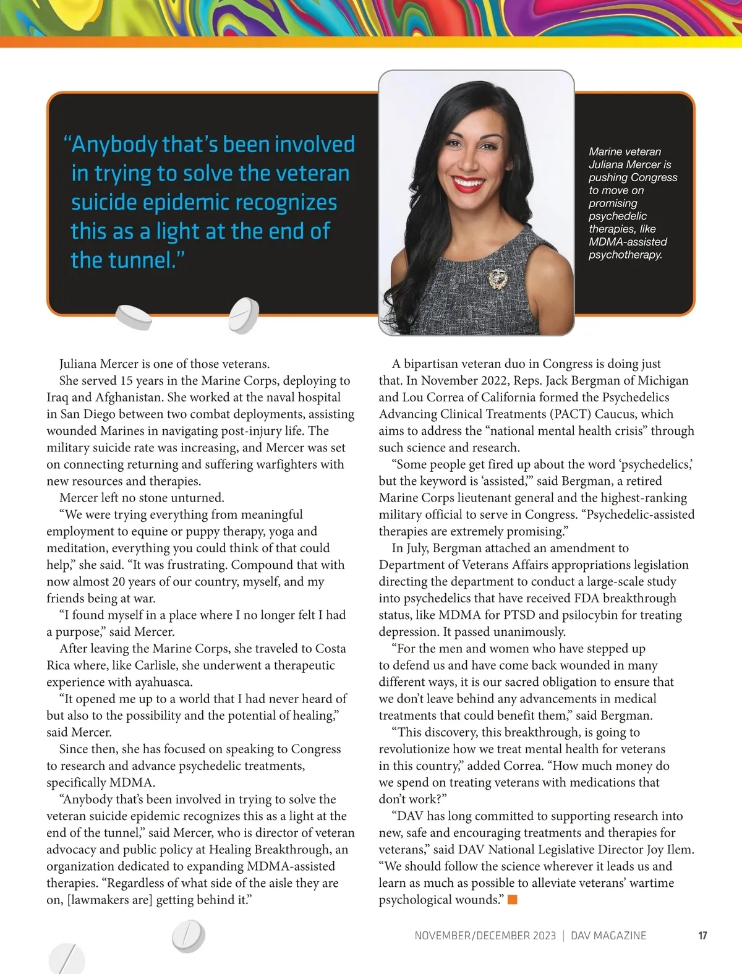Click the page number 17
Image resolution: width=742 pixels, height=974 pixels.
point(702,936)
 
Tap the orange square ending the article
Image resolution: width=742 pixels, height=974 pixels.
point(512,899)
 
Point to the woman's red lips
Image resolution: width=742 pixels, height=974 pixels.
point(467,182)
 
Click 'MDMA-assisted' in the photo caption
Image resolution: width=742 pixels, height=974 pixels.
point(628,242)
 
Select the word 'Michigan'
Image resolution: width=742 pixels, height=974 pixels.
point(662,380)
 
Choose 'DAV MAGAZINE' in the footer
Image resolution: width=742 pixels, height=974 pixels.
point(608,936)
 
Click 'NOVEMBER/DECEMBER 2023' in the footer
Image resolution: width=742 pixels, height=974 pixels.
point(485,936)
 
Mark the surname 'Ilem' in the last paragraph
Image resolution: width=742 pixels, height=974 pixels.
point(680,849)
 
